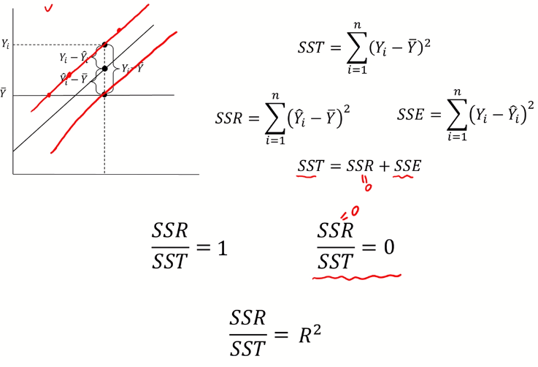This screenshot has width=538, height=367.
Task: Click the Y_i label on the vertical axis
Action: pos(6,45)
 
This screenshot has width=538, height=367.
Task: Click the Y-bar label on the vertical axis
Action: pos(4,94)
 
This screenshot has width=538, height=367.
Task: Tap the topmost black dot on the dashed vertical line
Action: pos(105,45)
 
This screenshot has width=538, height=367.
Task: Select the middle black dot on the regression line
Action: pos(105,69)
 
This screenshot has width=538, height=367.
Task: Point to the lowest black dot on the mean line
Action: pos(105,94)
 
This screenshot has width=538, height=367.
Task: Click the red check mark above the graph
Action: pos(49,8)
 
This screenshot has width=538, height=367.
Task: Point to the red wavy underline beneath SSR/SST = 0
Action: pos(356,276)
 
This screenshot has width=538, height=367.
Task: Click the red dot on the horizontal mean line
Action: pos(49,95)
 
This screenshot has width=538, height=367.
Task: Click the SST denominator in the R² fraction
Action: pos(248,347)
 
